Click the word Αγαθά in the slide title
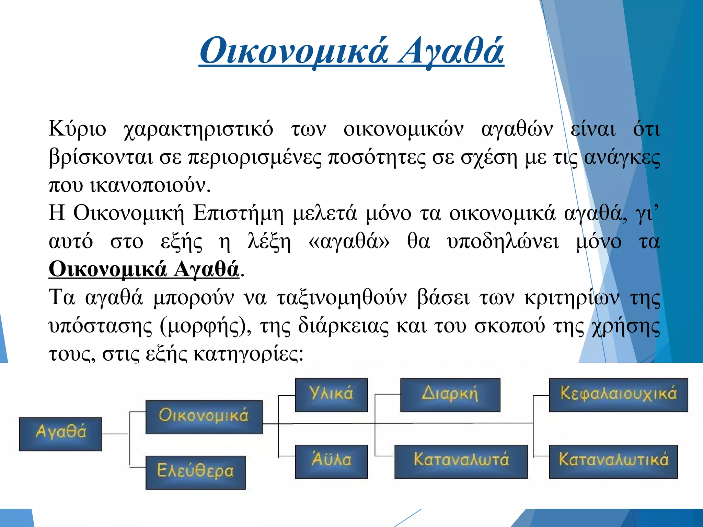tap(450, 51)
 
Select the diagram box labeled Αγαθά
tap(60, 434)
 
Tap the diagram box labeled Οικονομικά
tap(204, 417)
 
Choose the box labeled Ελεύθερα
tap(195, 472)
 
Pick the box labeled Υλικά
tap(331, 395)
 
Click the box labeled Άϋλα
tap(331, 461)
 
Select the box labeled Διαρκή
tap(450, 395)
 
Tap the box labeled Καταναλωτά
tap(461, 461)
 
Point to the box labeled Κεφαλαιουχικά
tap(618, 395)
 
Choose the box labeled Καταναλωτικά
tap(613, 461)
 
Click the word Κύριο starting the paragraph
tap(77, 130)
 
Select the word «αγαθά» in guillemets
tap(349, 242)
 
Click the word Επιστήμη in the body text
tap(238, 213)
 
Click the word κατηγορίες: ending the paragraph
tap(248, 353)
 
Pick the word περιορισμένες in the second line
tap(255, 158)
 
